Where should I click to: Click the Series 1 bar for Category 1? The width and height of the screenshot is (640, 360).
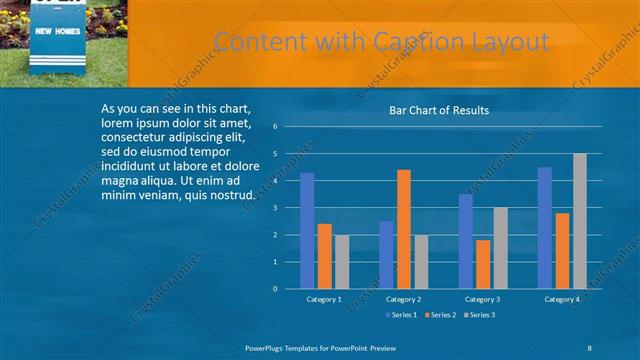click(x=307, y=231)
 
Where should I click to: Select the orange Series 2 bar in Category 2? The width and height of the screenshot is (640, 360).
click(x=404, y=229)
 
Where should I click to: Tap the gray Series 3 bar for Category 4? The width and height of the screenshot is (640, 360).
click(x=580, y=221)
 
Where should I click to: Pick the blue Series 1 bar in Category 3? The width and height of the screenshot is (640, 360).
click(x=466, y=241)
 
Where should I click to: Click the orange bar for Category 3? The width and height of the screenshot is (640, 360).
click(x=484, y=264)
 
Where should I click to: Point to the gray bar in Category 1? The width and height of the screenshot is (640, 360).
click(x=342, y=262)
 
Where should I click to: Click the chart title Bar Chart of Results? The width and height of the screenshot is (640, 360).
click(x=439, y=110)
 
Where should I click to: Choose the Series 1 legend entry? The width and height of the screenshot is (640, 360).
click(x=403, y=315)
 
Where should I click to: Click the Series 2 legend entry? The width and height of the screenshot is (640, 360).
click(x=440, y=315)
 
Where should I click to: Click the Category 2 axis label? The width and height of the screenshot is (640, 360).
click(x=402, y=299)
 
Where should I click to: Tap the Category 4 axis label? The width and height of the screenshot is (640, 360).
click(x=561, y=299)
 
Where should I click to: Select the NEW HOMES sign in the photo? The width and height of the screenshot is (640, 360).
click(x=58, y=32)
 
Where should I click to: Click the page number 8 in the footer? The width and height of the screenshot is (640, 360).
click(x=589, y=346)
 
